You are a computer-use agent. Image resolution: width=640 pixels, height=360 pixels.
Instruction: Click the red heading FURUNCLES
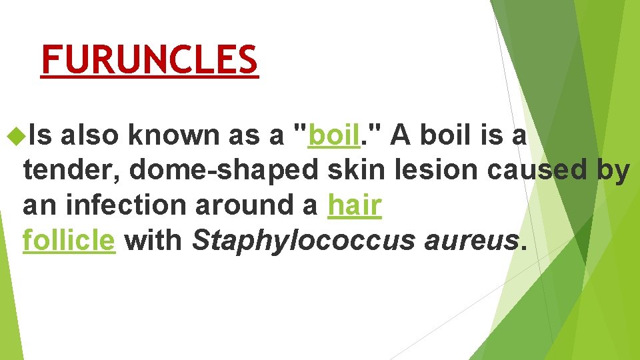149,60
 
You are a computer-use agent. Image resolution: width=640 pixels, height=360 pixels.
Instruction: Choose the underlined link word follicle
69,240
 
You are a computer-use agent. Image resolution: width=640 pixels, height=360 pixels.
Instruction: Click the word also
91,136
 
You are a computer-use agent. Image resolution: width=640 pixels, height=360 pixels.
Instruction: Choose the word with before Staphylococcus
153,240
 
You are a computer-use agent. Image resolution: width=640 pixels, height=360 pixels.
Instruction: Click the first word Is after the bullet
39,136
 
